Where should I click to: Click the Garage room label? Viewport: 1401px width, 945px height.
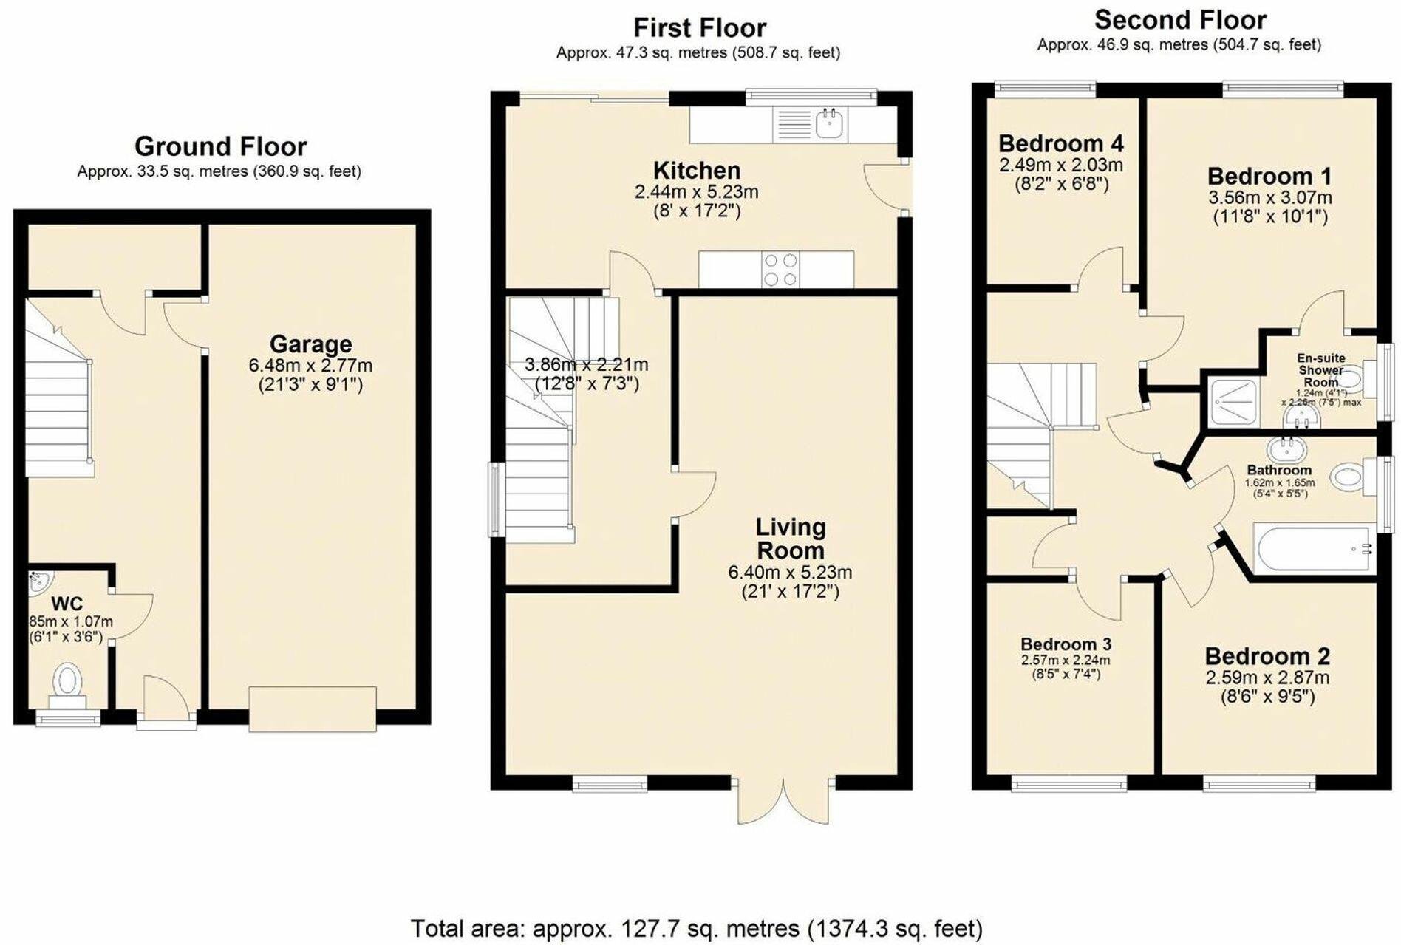tap(310, 344)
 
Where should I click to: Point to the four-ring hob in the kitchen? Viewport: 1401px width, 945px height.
tap(780, 270)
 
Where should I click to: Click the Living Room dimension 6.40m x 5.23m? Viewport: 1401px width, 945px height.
tap(790, 572)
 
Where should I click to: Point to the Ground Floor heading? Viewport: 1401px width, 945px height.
tap(220, 146)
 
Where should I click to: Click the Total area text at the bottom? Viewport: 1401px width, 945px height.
tap(696, 928)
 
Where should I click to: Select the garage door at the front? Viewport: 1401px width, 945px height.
tap(312, 709)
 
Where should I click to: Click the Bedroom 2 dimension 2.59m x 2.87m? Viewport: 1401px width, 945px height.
tap(1267, 678)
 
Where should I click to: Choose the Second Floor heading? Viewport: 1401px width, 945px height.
tap(1180, 20)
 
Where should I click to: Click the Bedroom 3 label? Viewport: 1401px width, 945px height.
tap(1066, 644)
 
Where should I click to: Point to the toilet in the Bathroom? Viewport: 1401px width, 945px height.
tap(1347, 477)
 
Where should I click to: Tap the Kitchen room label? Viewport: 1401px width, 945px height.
tap(696, 171)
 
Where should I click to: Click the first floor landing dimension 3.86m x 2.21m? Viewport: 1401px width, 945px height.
tap(586, 364)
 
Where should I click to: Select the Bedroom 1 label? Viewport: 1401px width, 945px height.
tap(1269, 177)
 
